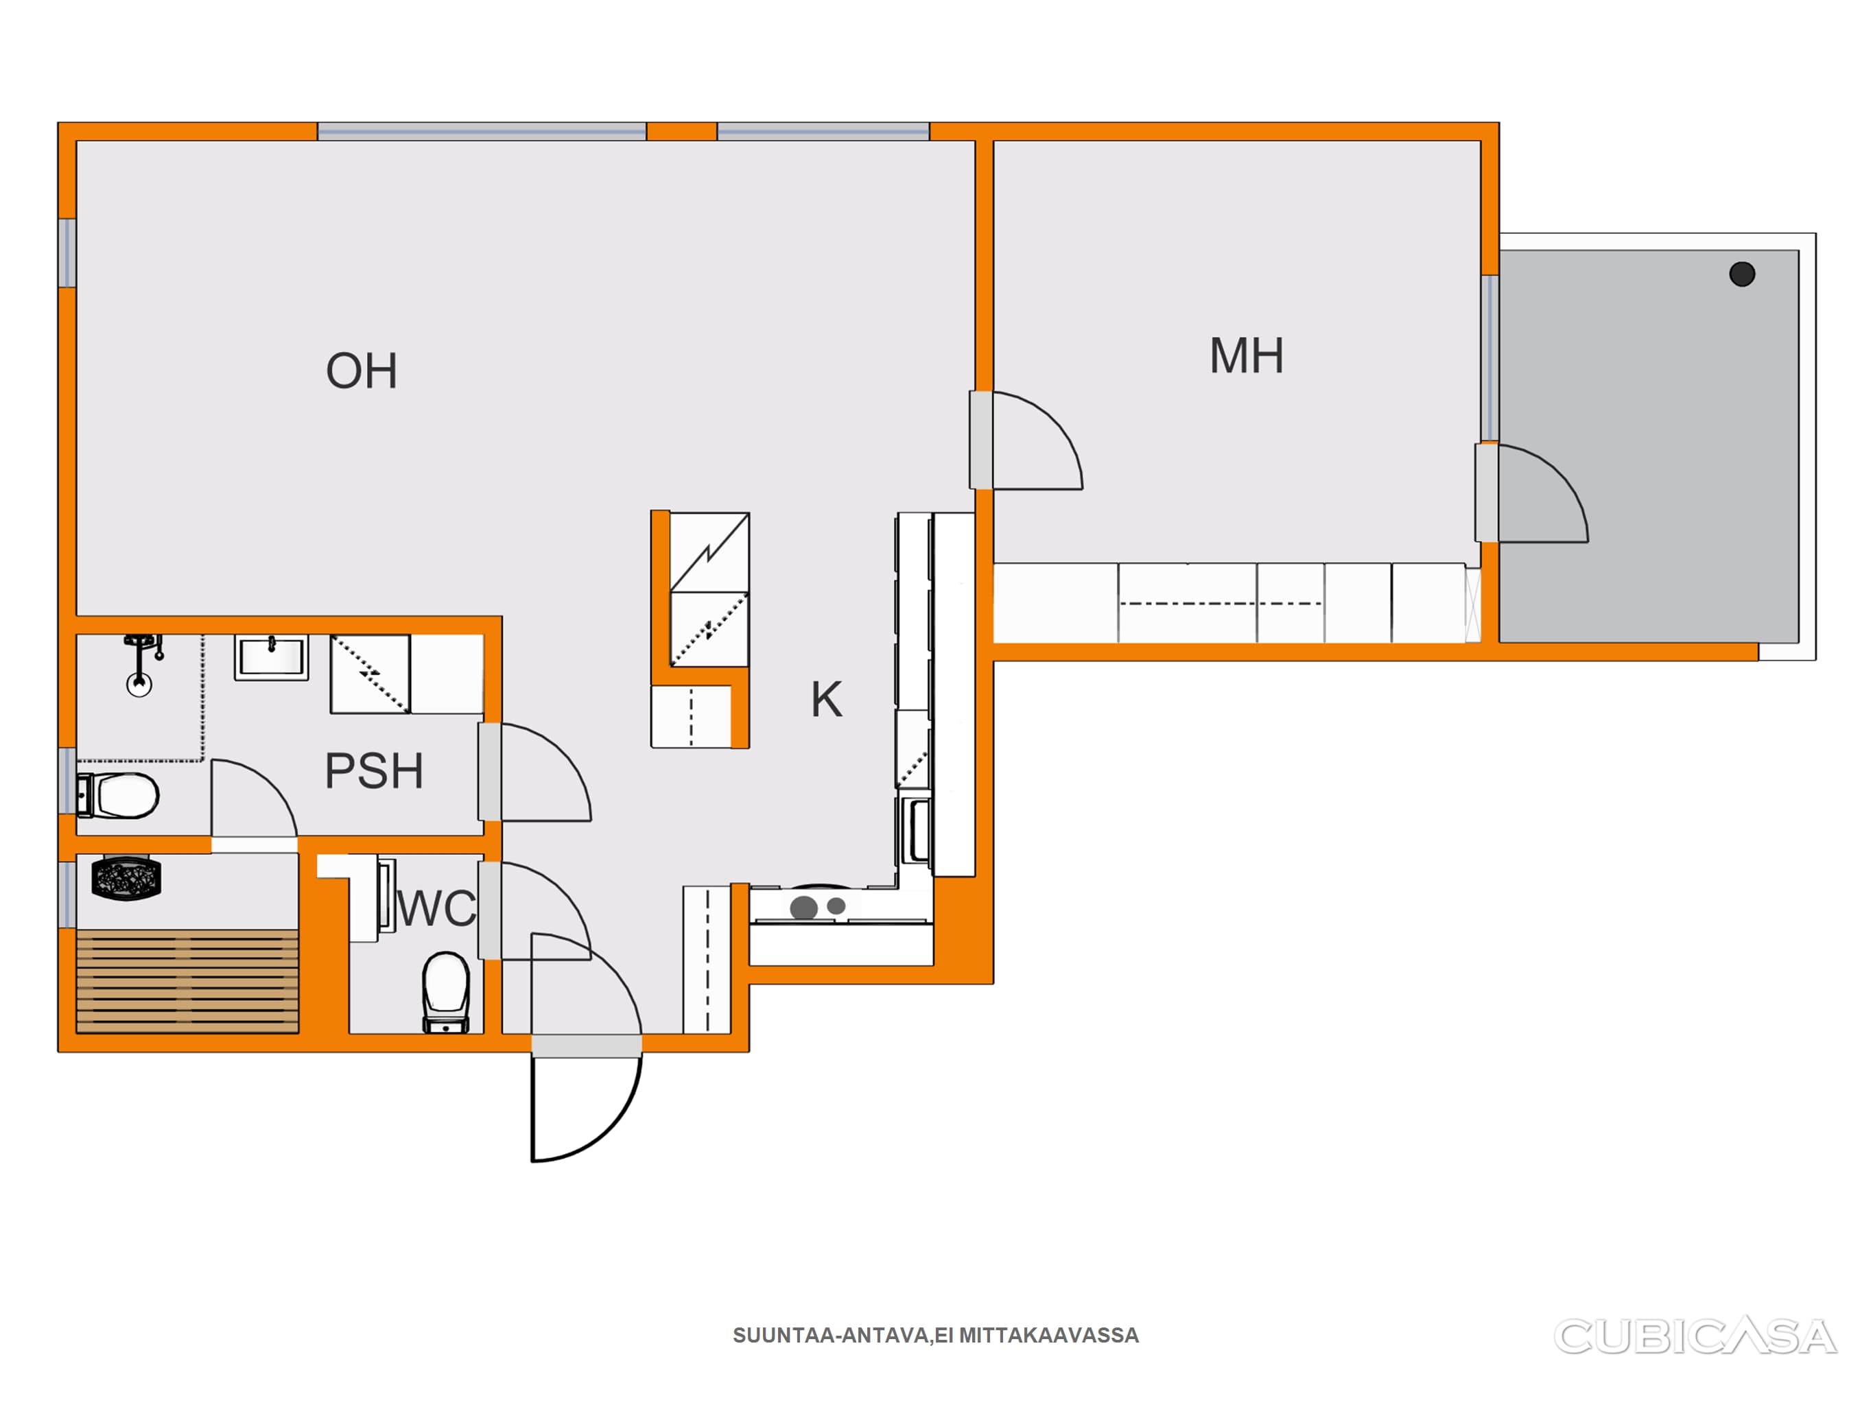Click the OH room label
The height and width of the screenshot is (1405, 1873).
[x=362, y=371]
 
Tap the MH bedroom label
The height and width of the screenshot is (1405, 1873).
[x=1247, y=355]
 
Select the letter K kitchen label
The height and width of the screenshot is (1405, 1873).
[x=827, y=700]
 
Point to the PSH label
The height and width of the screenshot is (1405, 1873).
[x=373, y=770]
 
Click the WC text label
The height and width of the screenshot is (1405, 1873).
[x=437, y=909]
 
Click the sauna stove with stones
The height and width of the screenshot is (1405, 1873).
[x=126, y=877]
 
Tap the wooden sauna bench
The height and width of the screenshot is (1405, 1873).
[x=187, y=981]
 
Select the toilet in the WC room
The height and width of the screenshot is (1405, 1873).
[x=445, y=992]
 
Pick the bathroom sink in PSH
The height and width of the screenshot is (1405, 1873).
[x=271, y=658]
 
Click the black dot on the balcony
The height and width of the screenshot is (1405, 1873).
[x=1742, y=274]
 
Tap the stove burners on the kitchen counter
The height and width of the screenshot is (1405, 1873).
[x=818, y=907]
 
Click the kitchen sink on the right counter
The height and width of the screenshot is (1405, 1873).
[x=916, y=831]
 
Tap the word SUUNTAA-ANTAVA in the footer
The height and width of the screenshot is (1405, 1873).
[x=831, y=1336]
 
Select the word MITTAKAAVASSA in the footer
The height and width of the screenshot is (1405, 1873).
[x=1049, y=1336]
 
